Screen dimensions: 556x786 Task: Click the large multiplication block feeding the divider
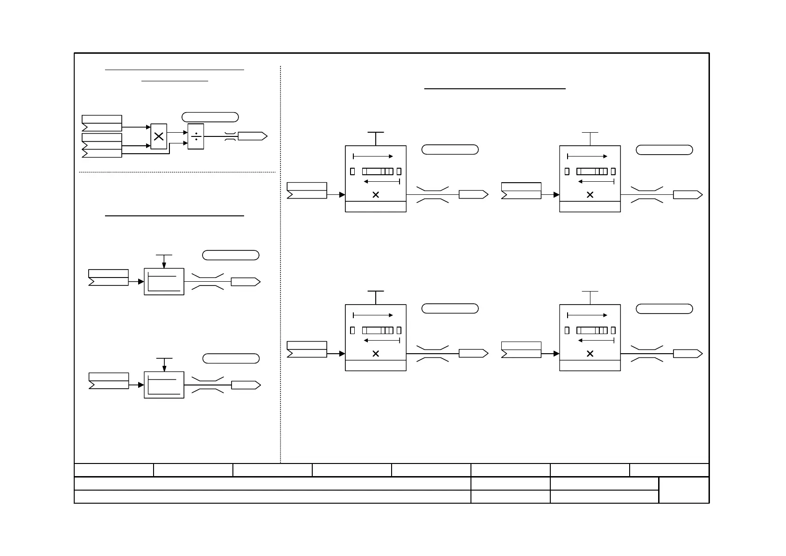coord(159,136)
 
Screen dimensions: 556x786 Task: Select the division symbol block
coord(196,136)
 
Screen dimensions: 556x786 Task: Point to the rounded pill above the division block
coord(210,117)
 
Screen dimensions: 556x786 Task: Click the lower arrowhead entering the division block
coord(186,142)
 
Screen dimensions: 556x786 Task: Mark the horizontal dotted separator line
coord(177,172)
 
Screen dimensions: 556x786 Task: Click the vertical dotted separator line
coord(281,262)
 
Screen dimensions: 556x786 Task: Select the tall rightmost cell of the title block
coord(684,490)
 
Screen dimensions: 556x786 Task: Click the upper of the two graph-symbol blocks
coord(164,282)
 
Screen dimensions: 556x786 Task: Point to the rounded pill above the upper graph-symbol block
coord(231,255)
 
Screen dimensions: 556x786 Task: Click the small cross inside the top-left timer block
coord(376,195)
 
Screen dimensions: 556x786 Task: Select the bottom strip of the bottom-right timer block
coord(590,365)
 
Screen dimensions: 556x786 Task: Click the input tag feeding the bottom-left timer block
coord(307,349)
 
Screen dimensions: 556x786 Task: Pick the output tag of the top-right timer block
coord(688,195)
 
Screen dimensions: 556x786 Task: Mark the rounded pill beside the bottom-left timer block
coord(450,308)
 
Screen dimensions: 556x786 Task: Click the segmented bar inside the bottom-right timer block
coord(592,330)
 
